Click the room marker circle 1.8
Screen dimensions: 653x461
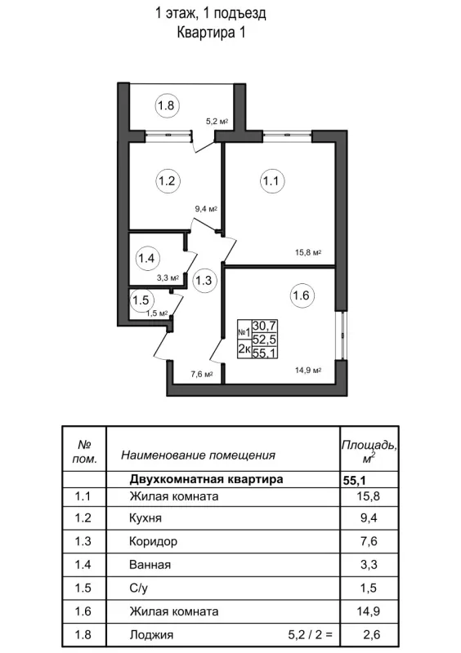click(x=167, y=105)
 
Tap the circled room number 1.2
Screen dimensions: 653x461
click(x=167, y=181)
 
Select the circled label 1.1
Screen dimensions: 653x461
click(x=272, y=181)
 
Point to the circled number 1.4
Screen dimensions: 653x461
click(x=146, y=260)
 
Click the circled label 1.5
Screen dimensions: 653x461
click(x=141, y=300)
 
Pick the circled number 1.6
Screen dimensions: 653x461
click(x=300, y=295)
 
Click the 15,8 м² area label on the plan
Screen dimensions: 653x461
click(x=308, y=252)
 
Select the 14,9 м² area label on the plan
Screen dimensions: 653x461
click(x=308, y=370)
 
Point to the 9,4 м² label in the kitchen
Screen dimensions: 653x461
click(x=206, y=209)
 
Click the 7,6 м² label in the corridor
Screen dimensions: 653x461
click(x=201, y=375)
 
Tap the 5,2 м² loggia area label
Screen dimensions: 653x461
click(x=216, y=122)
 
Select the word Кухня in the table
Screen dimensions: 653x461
click(x=145, y=518)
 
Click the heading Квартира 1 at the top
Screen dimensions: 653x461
click(x=211, y=33)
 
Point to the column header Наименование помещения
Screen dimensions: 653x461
click(x=198, y=455)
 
